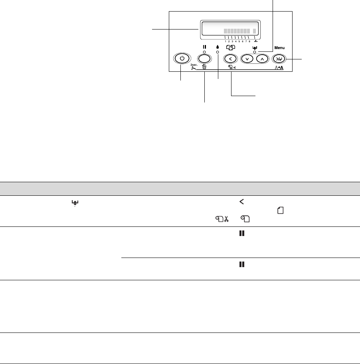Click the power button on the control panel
point(182,59)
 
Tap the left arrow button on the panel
point(231,59)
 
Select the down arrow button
point(248,59)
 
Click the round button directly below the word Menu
point(278,59)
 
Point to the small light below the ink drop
point(218,52)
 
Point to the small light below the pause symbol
point(204,52)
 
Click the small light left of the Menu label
point(255,52)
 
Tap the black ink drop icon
point(218,47)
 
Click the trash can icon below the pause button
point(204,67)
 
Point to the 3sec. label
point(194,64)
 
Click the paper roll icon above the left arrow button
point(231,47)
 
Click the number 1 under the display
point(225,41)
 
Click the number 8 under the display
point(249,41)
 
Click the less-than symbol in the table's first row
point(241,201)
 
